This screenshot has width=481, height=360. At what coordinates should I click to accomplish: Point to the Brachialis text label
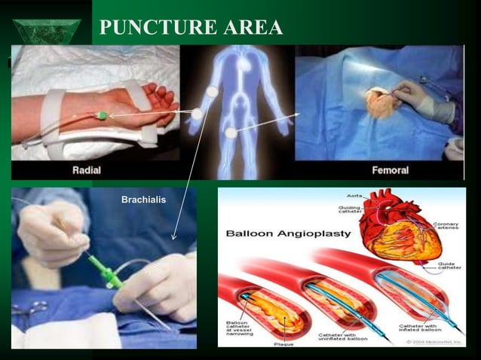pos(143,200)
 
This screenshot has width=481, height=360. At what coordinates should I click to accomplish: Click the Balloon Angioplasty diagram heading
pos(289,233)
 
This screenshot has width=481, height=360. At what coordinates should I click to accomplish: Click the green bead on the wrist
pos(101,115)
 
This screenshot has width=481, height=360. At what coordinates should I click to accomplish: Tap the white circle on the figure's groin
pos(231,133)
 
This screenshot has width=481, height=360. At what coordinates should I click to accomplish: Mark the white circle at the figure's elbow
pos(197,114)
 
